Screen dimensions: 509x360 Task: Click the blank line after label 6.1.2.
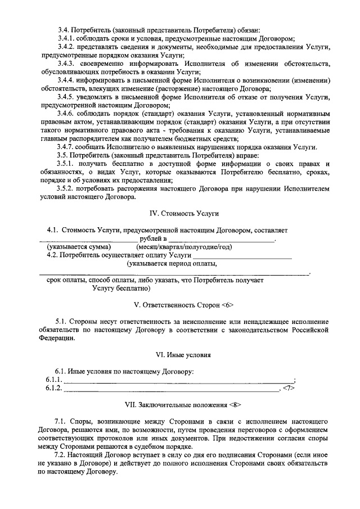pos(172,389)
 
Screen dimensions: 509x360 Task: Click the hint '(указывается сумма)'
pos(79,247)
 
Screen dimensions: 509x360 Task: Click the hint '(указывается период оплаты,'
pos(172,263)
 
